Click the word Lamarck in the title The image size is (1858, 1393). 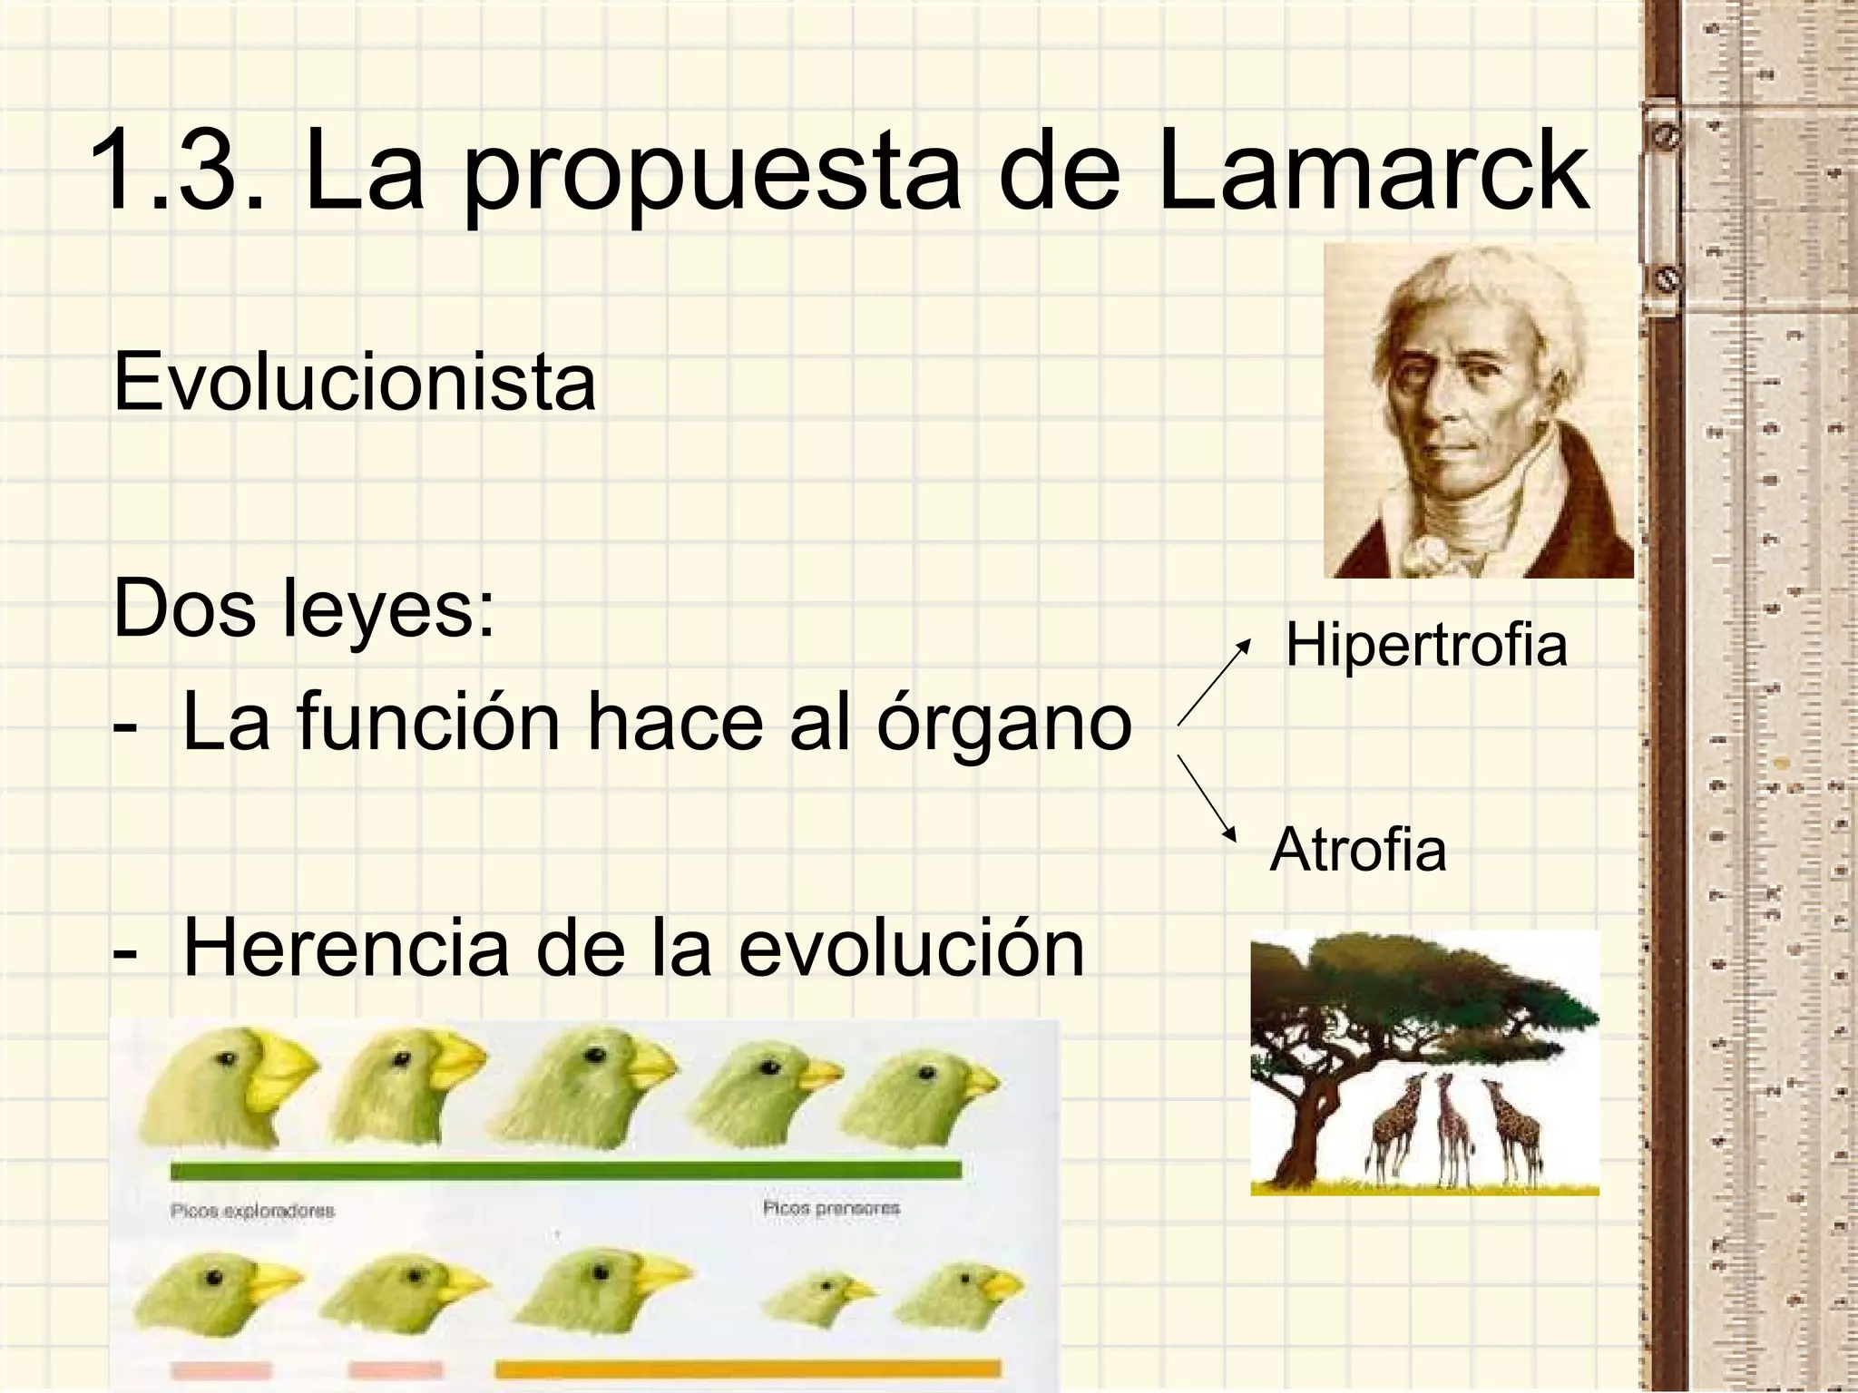(x=1372, y=172)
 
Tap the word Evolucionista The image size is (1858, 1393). (x=355, y=383)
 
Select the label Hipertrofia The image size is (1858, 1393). (x=1426, y=646)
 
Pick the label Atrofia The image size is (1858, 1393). (x=1358, y=851)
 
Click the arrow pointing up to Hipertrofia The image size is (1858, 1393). (x=1214, y=680)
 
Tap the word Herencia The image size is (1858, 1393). (x=346, y=949)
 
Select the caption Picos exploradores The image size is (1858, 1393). (x=252, y=1211)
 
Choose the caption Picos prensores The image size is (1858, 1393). (x=831, y=1208)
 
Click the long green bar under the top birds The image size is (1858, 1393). (x=565, y=1169)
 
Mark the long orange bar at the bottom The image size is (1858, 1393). (x=748, y=1369)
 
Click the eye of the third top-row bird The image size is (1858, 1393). (x=594, y=1055)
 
